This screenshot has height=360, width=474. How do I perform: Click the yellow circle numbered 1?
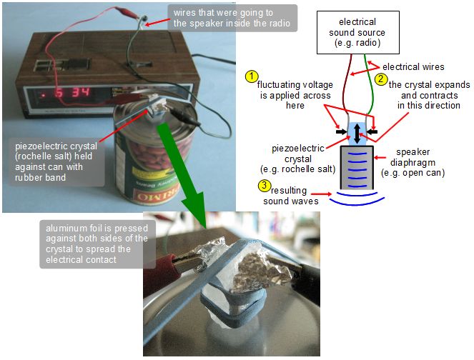click(251, 76)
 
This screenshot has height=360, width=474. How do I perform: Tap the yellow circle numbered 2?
click(382, 79)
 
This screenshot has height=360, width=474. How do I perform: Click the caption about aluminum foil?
click(94, 243)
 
